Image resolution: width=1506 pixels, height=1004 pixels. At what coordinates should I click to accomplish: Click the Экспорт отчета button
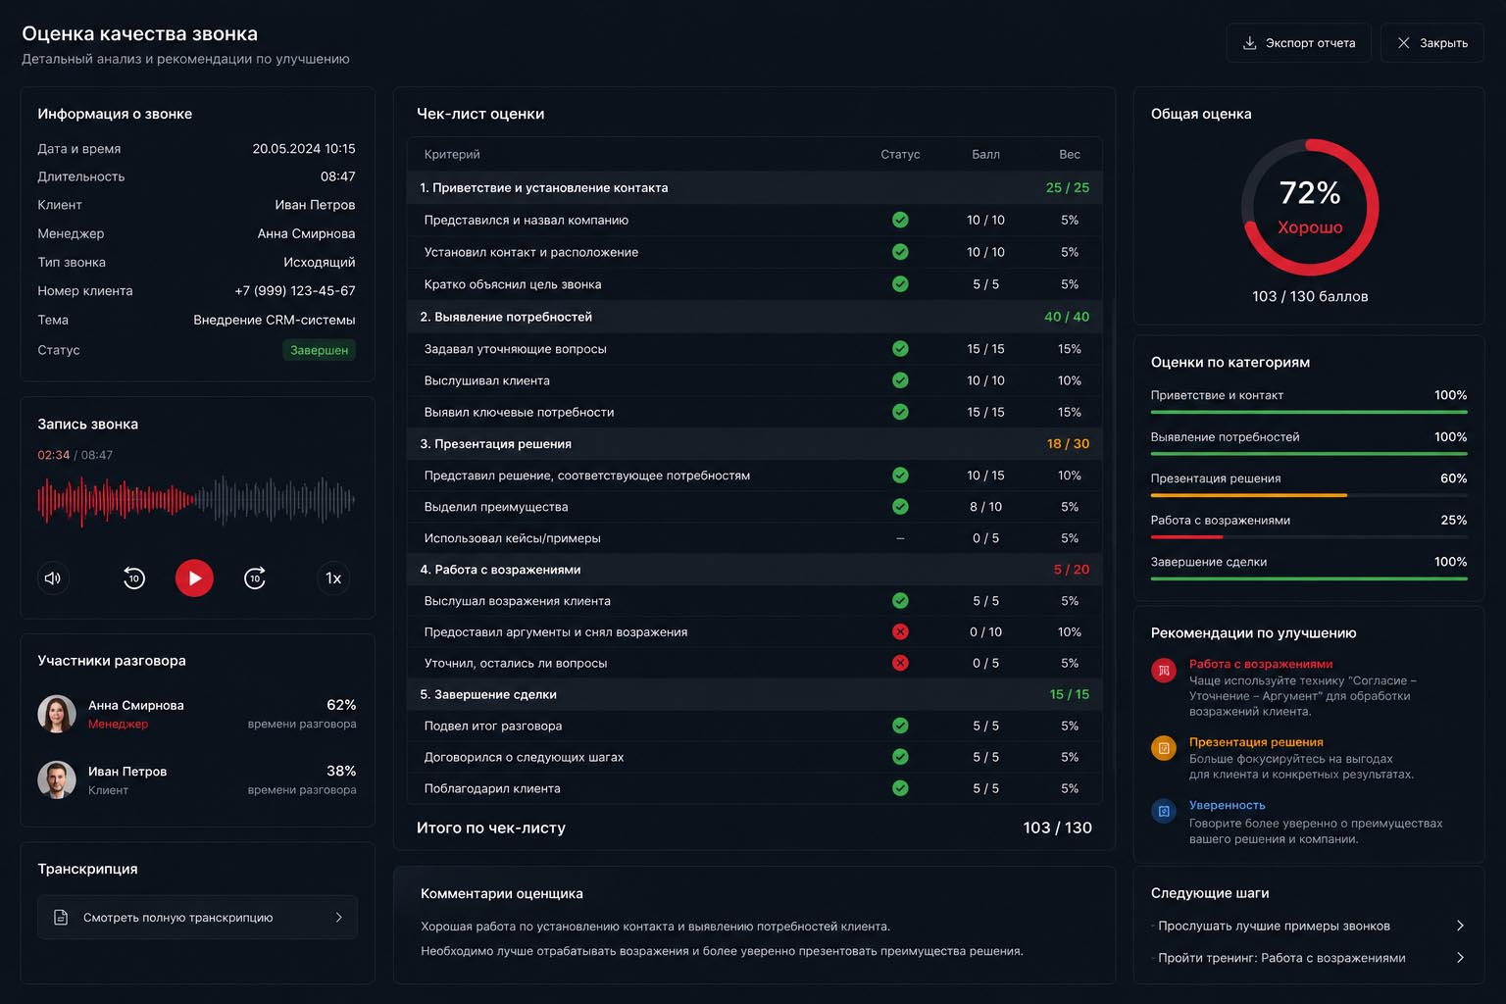tap(1298, 43)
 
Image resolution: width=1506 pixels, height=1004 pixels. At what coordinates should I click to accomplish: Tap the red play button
tap(194, 577)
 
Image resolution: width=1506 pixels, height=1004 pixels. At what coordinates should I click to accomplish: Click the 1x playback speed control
tap(333, 578)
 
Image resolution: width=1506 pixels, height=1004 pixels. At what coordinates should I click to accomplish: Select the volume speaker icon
tap(52, 578)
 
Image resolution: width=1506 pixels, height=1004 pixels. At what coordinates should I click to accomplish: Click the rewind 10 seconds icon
tap(134, 577)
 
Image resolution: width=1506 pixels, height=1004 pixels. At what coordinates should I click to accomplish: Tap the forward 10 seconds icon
tap(255, 577)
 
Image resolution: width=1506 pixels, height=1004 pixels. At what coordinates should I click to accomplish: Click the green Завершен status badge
tap(320, 350)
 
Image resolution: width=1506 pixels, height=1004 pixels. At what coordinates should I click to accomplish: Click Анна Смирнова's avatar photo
tap(57, 714)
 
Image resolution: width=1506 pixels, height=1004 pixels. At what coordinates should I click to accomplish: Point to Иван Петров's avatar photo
tap(57, 779)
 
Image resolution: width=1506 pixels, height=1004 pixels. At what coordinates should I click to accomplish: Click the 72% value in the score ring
tap(1310, 193)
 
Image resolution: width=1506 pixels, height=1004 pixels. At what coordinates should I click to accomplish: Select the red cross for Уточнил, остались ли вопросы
tap(900, 663)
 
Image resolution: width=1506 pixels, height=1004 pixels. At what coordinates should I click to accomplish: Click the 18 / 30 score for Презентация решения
tap(1068, 444)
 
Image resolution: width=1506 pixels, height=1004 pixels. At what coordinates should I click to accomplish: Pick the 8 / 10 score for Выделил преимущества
tap(985, 506)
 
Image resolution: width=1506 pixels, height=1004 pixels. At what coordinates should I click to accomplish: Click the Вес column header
tap(1070, 154)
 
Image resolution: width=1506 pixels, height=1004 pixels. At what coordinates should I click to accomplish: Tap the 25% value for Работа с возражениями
tap(1454, 520)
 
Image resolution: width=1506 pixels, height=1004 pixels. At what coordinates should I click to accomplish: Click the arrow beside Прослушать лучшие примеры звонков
tap(1460, 926)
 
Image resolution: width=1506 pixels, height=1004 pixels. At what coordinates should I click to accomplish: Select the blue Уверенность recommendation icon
tap(1164, 811)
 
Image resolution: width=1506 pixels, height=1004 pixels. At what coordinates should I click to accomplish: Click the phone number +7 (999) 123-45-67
tap(294, 290)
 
